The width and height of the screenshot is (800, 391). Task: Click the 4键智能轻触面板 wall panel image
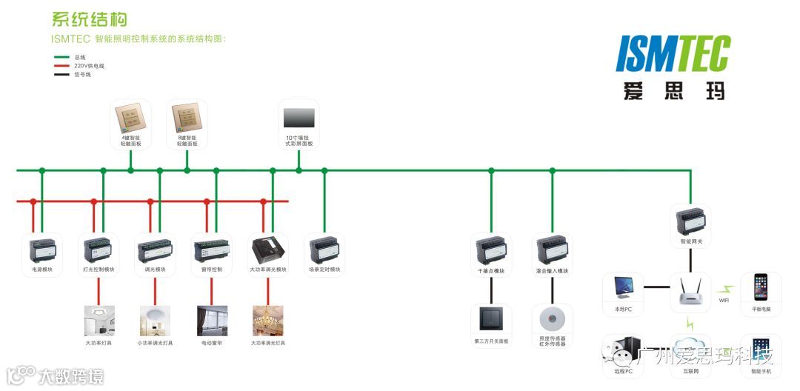(x=130, y=118)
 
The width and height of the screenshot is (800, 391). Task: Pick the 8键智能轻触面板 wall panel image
(x=187, y=118)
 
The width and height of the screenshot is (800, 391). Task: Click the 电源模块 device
(x=42, y=251)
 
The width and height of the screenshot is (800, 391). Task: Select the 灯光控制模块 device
(x=99, y=251)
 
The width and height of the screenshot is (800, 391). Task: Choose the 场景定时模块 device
(x=324, y=251)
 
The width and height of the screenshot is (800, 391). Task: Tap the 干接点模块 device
(x=491, y=251)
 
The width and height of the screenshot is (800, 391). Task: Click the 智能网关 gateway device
(x=691, y=221)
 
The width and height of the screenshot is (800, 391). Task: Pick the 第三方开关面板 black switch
(x=491, y=320)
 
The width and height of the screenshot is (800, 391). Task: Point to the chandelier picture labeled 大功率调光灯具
(x=267, y=321)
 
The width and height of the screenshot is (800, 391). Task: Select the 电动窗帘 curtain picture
(x=212, y=321)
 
